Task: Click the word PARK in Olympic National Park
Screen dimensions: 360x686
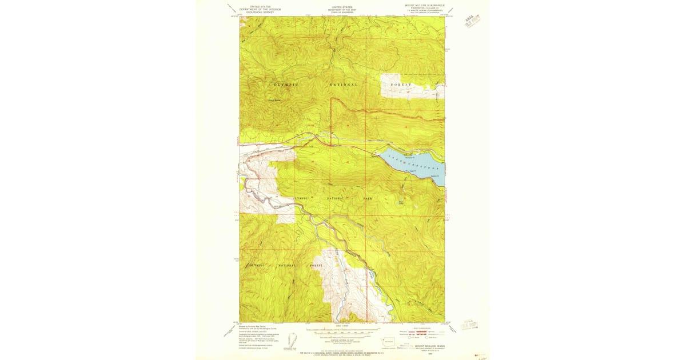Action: (x=368, y=198)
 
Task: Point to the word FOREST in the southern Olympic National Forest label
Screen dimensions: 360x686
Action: (x=316, y=266)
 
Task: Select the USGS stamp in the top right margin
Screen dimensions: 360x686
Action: (x=472, y=22)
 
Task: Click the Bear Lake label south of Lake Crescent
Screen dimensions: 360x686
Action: (x=401, y=202)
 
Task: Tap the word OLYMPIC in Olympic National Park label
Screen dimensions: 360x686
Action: (x=301, y=198)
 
